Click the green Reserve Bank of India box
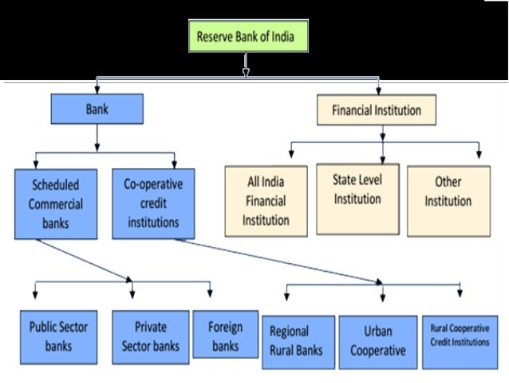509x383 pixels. point(247,37)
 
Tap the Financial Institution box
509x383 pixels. point(377,110)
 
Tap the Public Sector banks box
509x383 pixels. point(58,336)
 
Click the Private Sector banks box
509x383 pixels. point(151,336)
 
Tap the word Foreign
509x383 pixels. point(226,327)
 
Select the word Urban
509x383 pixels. point(377,331)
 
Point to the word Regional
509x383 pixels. point(289,331)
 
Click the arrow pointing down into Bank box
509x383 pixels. point(97,87)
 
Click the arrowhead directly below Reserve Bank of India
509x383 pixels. point(245,71)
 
